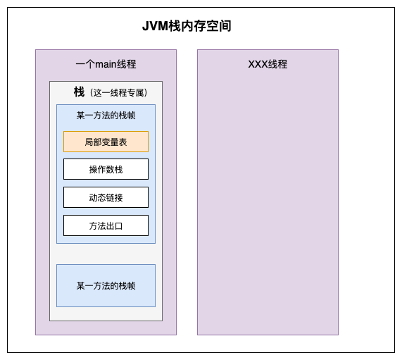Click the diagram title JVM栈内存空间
point(187,26)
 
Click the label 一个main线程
point(106,64)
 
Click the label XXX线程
point(268,64)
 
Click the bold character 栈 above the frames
point(79,92)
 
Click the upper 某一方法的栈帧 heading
point(106,115)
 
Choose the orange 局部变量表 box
point(106,142)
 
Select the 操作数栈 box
point(106,169)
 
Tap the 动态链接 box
point(106,197)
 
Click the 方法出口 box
point(106,225)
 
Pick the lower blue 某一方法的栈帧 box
point(106,285)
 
